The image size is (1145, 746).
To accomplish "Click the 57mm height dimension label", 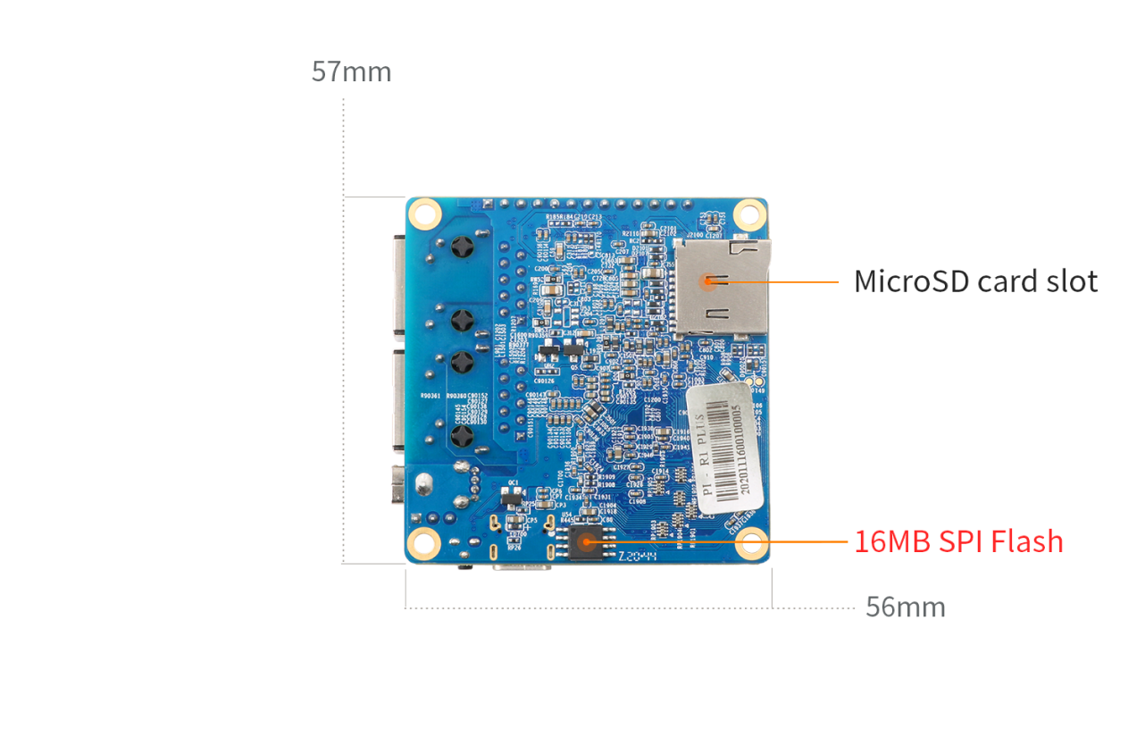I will tap(351, 72).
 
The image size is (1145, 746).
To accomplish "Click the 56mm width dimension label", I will tap(905, 608).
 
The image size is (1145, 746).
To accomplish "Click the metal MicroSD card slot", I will tap(720, 286).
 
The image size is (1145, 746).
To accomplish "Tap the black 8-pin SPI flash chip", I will tap(585, 541).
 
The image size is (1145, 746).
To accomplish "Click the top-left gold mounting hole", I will tap(426, 214).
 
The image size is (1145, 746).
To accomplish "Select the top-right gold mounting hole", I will tap(749, 214).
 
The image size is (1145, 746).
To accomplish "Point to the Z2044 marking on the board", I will tap(638, 556).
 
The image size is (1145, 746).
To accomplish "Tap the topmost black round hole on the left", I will tap(463, 247).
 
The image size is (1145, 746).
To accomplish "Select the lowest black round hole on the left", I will tap(463, 437).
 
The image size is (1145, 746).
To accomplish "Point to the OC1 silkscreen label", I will tap(513, 482).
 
